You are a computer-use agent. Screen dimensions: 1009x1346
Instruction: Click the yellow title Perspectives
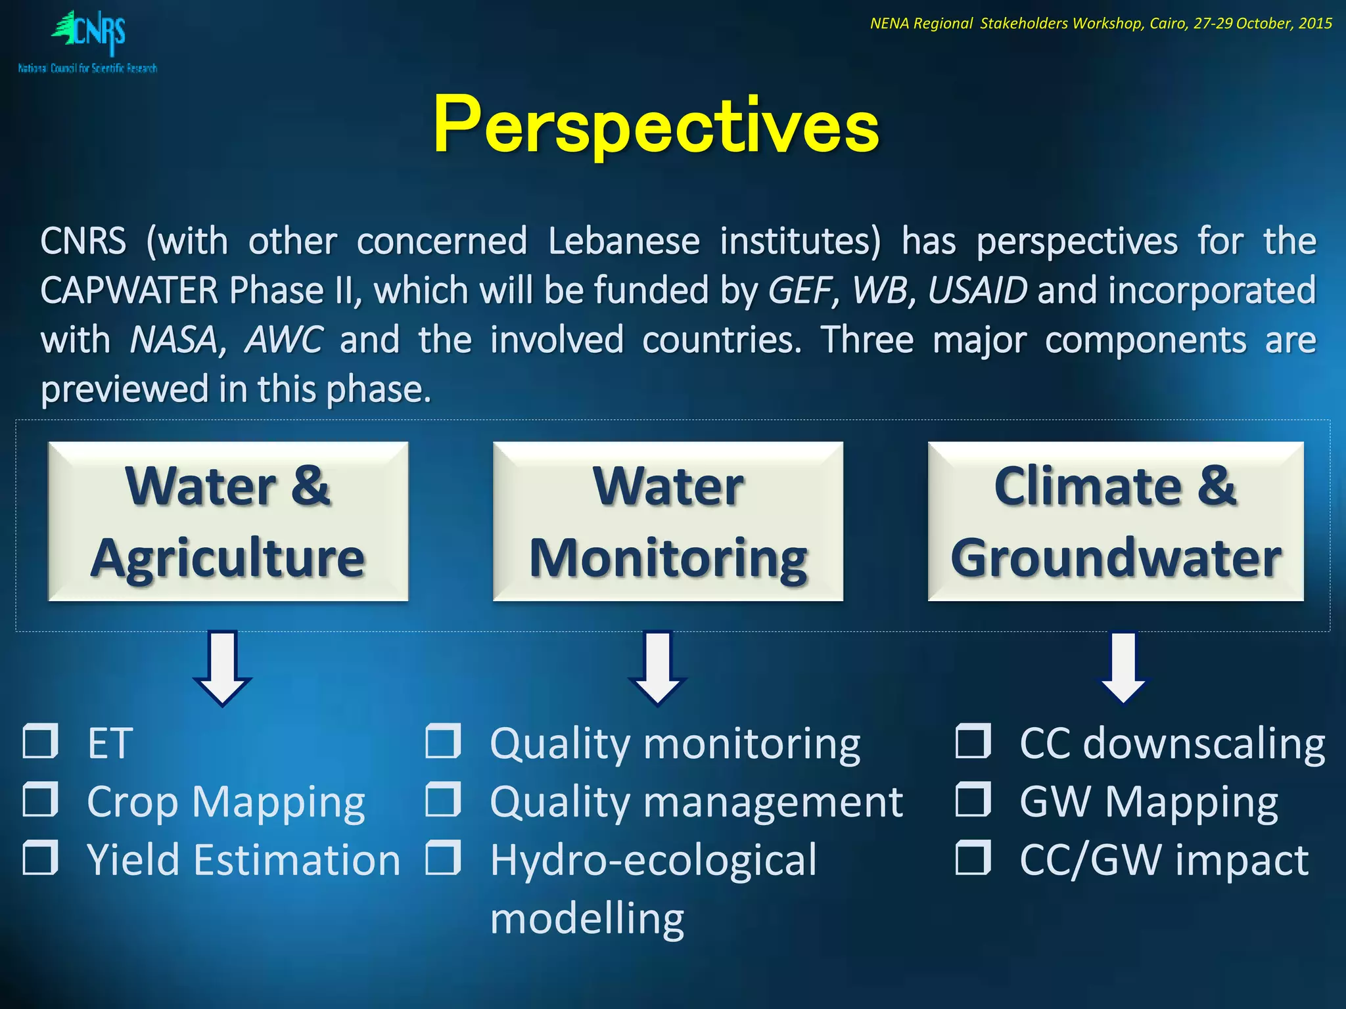click(656, 125)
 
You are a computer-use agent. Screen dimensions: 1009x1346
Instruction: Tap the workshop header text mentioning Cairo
click(1101, 24)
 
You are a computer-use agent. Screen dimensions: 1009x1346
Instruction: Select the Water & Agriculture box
click(228, 522)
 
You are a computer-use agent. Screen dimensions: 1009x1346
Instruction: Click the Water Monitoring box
click(668, 522)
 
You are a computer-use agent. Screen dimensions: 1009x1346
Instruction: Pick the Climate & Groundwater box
click(1115, 522)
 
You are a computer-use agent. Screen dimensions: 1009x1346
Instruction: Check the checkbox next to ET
click(41, 742)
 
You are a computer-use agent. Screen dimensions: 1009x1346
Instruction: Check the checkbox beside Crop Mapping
click(41, 800)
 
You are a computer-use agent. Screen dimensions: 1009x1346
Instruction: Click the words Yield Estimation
click(243, 860)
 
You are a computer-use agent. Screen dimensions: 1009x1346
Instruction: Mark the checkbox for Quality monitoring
click(443, 742)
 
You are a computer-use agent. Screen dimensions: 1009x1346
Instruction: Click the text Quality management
click(697, 802)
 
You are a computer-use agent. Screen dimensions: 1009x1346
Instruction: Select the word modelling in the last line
click(587, 918)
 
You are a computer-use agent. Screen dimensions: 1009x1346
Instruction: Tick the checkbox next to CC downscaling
click(973, 742)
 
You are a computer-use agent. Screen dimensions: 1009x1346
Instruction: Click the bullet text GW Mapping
click(1148, 802)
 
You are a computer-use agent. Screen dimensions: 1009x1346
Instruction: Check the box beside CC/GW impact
click(973, 859)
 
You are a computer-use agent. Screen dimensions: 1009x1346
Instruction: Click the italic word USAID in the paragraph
click(977, 290)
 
